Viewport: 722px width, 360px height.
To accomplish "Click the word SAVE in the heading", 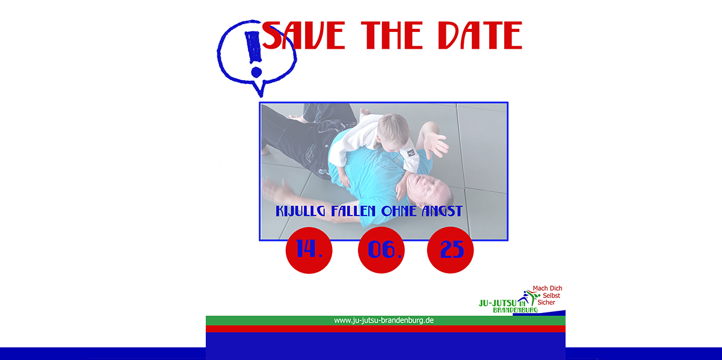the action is (x=304, y=35).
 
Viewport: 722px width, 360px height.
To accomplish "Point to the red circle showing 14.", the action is (x=309, y=250).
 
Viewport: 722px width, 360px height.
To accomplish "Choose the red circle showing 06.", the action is (x=381, y=250).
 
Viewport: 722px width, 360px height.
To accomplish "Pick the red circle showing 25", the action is (x=450, y=250).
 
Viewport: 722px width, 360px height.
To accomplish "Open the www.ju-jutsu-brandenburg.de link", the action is (x=384, y=320).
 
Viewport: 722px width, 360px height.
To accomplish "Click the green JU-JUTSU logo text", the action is (x=498, y=303).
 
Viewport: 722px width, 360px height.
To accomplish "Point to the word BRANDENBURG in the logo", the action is (x=515, y=310).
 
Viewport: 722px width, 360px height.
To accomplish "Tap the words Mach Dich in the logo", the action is (x=548, y=288).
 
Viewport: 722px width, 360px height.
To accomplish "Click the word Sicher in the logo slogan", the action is (x=546, y=302).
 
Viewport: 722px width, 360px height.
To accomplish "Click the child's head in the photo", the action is (x=393, y=131).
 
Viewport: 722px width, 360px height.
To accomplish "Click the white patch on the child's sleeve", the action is (x=410, y=153).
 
